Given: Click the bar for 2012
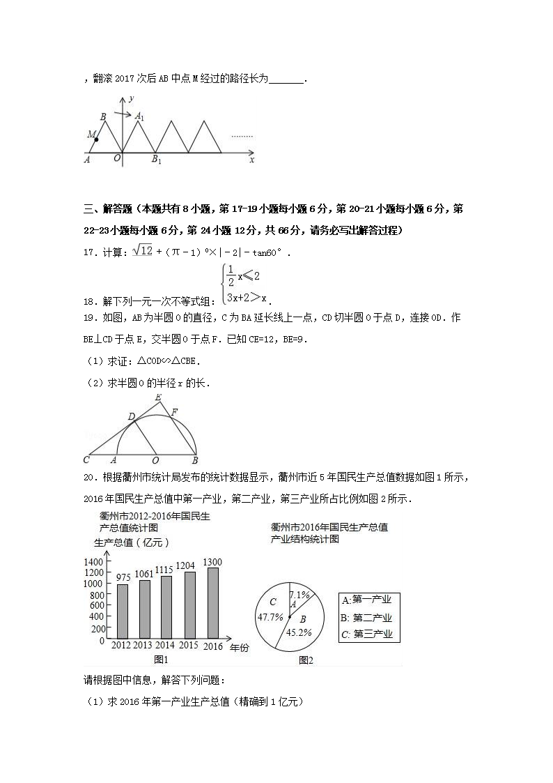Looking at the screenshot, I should click(x=123, y=611).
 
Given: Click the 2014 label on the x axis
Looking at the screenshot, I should click(x=165, y=646).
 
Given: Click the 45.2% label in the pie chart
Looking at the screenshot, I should click(x=299, y=632).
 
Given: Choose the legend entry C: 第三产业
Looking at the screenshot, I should click(x=366, y=634).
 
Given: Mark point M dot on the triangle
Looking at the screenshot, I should click(x=96, y=139).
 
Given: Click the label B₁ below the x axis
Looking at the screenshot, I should click(x=157, y=160).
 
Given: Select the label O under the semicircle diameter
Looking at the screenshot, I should click(x=155, y=460).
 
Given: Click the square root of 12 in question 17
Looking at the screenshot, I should click(x=141, y=250).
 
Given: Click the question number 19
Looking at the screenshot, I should click(x=88, y=318).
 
